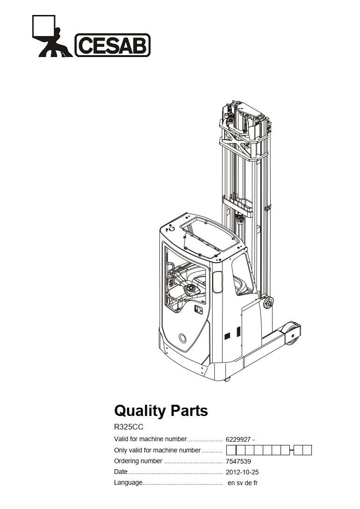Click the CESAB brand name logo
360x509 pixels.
click(x=113, y=45)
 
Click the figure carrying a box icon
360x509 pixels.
click(x=52, y=36)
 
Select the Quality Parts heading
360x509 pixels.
click(x=161, y=411)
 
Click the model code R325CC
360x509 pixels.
click(x=129, y=427)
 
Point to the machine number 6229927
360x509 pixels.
click(x=238, y=439)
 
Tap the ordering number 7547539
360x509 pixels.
click(x=238, y=461)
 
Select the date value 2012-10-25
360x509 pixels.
click(x=243, y=473)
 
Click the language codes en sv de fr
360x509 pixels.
click(x=243, y=483)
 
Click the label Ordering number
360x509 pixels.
click(x=138, y=461)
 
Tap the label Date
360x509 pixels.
click(x=121, y=472)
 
